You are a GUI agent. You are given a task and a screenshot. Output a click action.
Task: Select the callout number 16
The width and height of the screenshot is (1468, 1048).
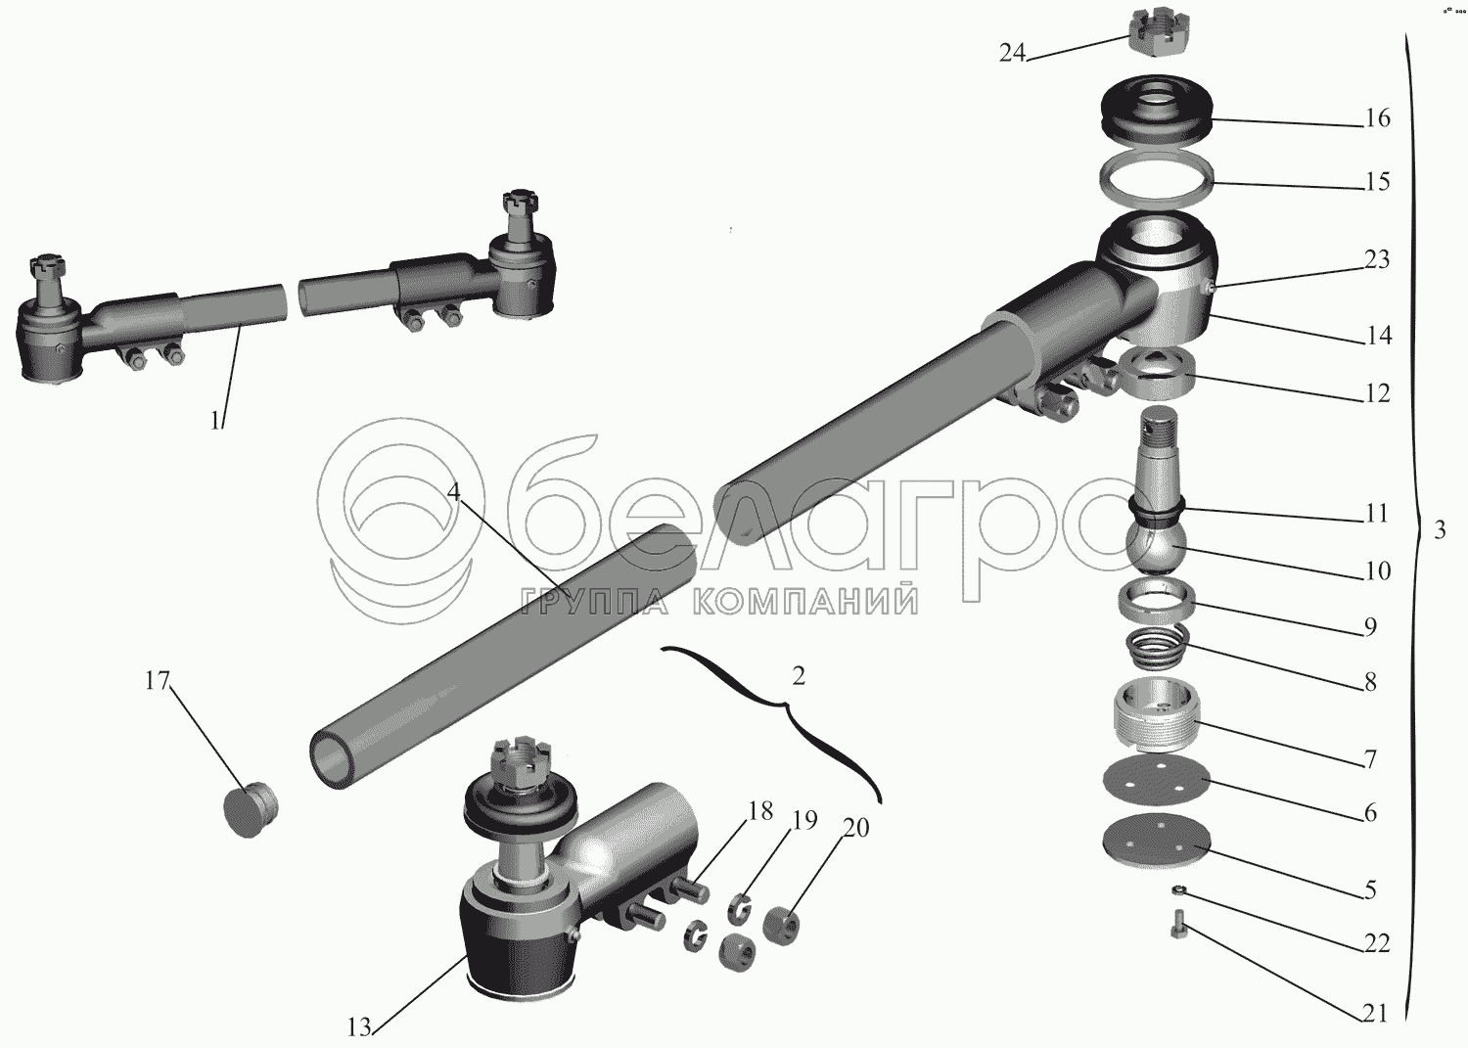point(1378,118)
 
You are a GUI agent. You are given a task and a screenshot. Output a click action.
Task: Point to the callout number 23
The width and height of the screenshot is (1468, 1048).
point(1377,259)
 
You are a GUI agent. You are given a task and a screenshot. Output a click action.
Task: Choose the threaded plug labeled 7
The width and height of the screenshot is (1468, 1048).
point(1155,715)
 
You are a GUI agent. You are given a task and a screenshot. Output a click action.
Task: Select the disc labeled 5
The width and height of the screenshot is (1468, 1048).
point(1156,845)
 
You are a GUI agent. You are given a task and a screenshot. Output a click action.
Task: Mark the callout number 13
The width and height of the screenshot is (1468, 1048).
point(359,1026)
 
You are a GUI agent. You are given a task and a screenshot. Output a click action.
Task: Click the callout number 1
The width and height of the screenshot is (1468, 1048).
point(215,422)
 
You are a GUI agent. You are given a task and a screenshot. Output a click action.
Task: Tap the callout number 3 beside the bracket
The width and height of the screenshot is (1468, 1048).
point(1440,529)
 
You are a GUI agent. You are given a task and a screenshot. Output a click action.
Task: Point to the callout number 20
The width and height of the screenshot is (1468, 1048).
point(855,828)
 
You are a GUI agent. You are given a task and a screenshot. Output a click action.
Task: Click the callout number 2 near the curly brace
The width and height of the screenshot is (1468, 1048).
point(798,676)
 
